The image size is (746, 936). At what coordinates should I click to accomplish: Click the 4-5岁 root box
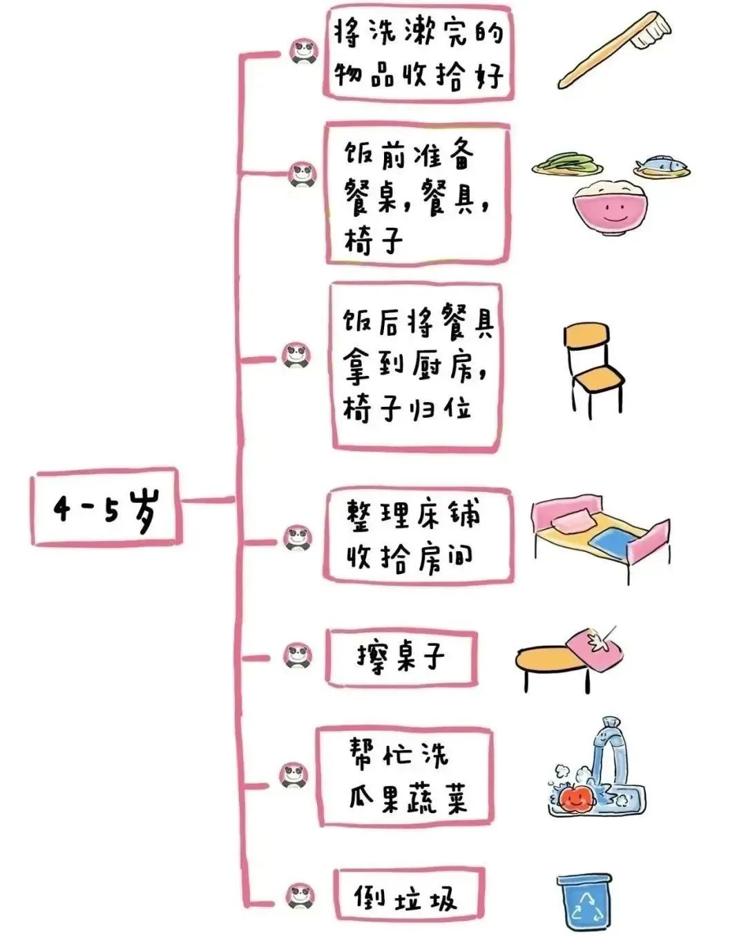pyautogui.click(x=106, y=507)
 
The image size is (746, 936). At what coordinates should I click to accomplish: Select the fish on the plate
pyautogui.click(x=660, y=164)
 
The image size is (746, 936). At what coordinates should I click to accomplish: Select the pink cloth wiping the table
pyautogui.click(x=595, y=648)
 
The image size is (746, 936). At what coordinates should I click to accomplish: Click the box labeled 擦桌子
pyautogui.click(x=401, y=658)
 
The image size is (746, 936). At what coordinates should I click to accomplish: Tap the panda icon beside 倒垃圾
pyautogui.click(x=300, y=897)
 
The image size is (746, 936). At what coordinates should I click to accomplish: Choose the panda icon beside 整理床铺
pyautogui.click(x=298, y=539)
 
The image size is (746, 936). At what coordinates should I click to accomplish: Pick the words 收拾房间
pyautogui.click(x=410, y=558)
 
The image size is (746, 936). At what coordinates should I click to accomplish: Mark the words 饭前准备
pyautogui.click(x=408, y=155)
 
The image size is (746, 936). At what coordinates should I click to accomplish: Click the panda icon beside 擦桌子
pyautogui.click(x=298, y=658)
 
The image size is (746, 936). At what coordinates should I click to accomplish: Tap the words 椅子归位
pyautogui.click(x=407, y=410)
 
